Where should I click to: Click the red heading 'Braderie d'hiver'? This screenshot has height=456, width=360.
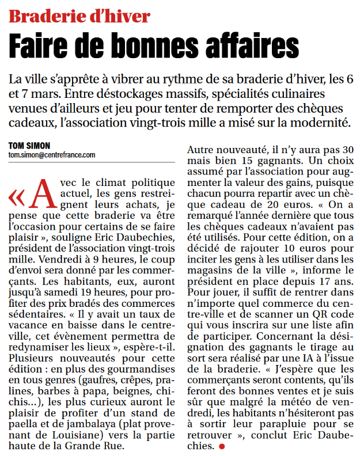coord(79,16)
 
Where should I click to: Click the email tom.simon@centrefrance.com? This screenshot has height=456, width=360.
coord(52,155)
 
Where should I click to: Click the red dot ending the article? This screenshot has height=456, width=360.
coord(221,446)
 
